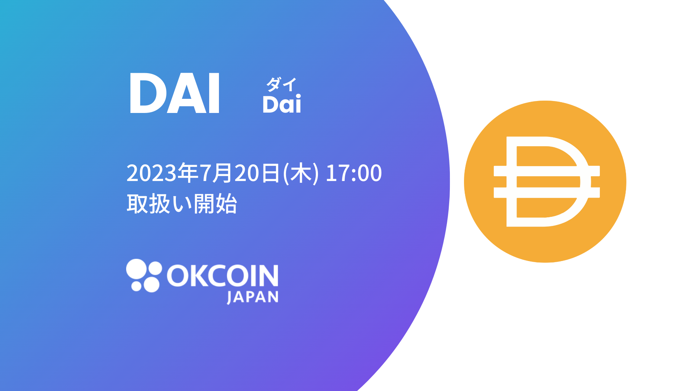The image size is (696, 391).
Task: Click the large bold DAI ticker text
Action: [174, 93]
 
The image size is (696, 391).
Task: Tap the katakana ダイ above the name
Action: [281, 84]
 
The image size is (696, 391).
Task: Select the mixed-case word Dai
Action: [282, 104]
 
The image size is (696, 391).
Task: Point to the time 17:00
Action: [353, 173]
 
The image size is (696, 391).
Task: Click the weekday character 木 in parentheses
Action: [301, 173]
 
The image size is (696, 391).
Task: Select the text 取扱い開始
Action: [182, 204]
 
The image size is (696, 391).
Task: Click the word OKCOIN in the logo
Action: [223, 276]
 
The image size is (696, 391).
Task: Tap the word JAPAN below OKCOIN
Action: [253, 297]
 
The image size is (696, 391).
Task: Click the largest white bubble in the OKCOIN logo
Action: [136, 269]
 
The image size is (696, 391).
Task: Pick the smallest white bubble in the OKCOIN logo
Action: [136, 286]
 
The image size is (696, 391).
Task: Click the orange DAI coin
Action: [545, 181]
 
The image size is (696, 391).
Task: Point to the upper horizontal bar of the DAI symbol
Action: [547, 171]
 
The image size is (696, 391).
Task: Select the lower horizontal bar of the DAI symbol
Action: [547, 193]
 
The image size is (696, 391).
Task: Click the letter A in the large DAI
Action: [183, 93]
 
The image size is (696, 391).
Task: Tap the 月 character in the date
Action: [222, 173]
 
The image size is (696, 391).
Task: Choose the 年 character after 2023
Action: [188, 173]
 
